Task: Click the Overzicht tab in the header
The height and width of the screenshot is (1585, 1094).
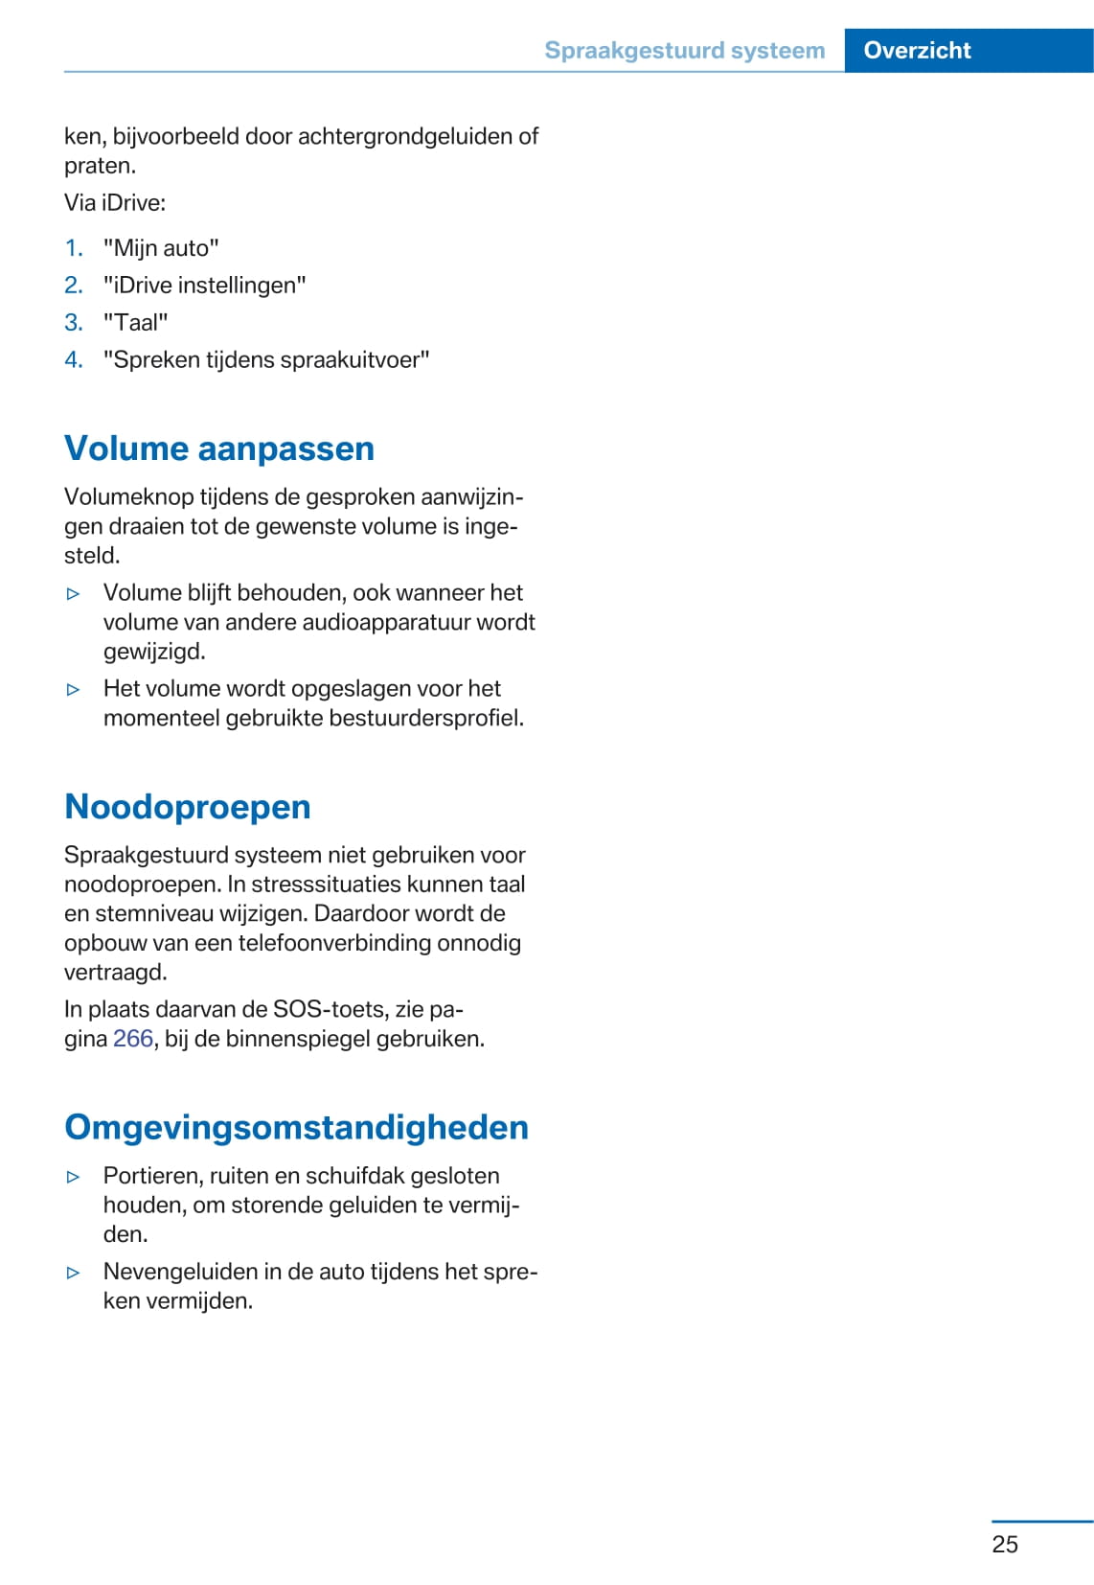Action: pyautogui.click(x=917, y=50)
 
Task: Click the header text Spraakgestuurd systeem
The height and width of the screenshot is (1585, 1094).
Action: pyautogui.click(x=684, y=50)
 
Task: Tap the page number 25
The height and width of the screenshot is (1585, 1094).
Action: pyautogui.click(x=1005, y=1544)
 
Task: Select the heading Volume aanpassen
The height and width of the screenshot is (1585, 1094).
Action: pyautogui.click(x=219, y=448)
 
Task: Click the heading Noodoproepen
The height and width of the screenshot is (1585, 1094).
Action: pyautogui.click(x=188, y=807)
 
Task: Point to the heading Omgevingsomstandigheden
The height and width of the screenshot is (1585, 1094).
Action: pyautogui.click(x=296, y=1127)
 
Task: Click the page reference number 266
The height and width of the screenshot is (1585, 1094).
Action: pyautogui.click(x=133, y=1039)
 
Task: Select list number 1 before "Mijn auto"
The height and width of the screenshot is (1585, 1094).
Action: pyautogui.click(x=74, y=248)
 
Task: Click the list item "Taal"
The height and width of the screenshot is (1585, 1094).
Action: pyautogui.click(x=135, y=323)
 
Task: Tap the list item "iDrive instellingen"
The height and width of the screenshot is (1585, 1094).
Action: pyautogui.click(x=204, y=286)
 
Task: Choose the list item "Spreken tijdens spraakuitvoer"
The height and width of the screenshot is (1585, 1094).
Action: pyautogui.click(x=266, y=360)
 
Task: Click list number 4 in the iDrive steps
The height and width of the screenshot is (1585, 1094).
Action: pyautogui.click(x=74, y=360)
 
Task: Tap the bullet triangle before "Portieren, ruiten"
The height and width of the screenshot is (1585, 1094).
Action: pyautogui.click(x=74, y=1177)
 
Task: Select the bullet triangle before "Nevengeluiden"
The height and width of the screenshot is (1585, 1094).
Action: pyautogui.click(x=74, y=1273)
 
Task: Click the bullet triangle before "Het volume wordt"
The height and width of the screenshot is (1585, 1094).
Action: pyautogui.click(x=74, y=689)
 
